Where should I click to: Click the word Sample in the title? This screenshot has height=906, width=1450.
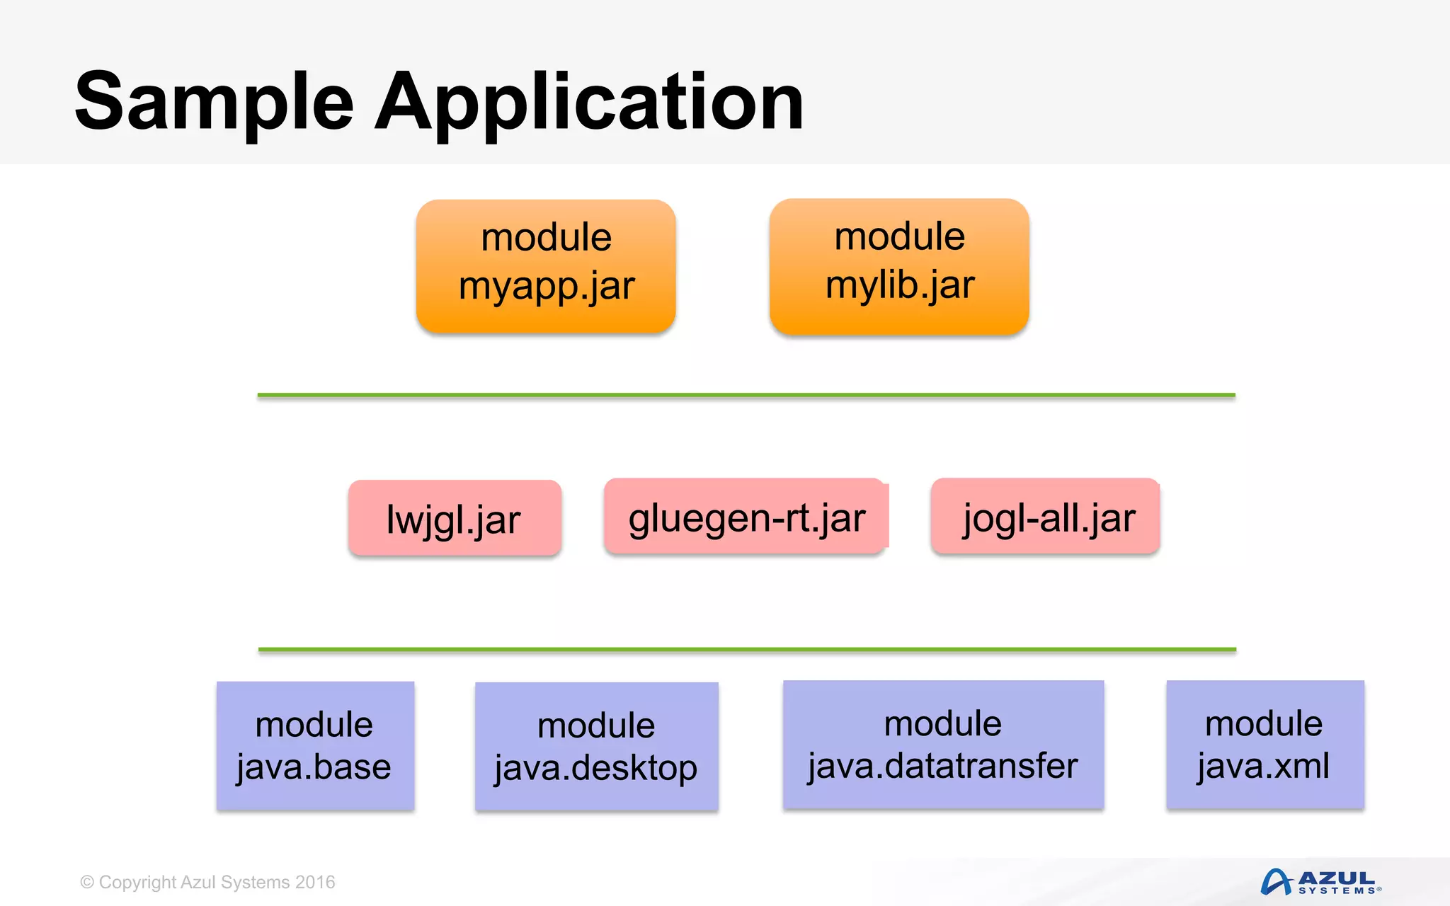click(x=214, y=103)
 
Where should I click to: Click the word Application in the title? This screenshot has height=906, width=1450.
click(x=589, y=103)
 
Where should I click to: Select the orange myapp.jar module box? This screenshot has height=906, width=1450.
click(x=546, y=266)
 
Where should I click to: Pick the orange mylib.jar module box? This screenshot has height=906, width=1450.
click(x=899, y=266)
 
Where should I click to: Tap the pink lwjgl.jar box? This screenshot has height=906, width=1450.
click(x=455, y=518)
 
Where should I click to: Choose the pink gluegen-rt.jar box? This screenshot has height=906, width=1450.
click(x=746, y=517)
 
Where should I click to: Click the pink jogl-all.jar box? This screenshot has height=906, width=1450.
click(x=1046, y=517)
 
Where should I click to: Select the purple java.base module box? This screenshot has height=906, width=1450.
click(x=315, y=745)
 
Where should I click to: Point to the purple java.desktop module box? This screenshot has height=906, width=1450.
click(x=596, y=747)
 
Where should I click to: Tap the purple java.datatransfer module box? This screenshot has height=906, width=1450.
click(x=943, y=745)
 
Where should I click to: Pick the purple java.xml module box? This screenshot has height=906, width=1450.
click(x=1265, y=745)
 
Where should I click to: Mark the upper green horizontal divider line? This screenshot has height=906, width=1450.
click(x=746, y=395)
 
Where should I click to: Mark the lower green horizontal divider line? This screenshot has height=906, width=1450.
click(x=746, y=649)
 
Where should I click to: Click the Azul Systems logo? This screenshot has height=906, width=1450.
click(x=1320, y=882)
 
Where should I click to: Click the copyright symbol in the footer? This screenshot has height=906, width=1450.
click(x=87, y=883)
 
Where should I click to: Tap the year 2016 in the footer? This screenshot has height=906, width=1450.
click(x=315, y=883)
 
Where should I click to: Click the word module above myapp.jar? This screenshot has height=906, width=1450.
click(x=546, y=237)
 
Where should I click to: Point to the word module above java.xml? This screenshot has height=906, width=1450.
click(x=1264, y=723)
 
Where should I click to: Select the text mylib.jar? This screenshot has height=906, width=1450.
click(x=900, y=285)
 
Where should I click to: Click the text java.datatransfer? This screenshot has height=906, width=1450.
click(x=943, y=767)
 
